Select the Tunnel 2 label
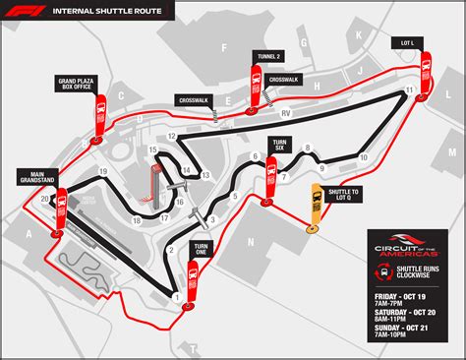tap(266, 57)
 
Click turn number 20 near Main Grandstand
tap(45, 198)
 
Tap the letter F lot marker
tap(224, 46)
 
